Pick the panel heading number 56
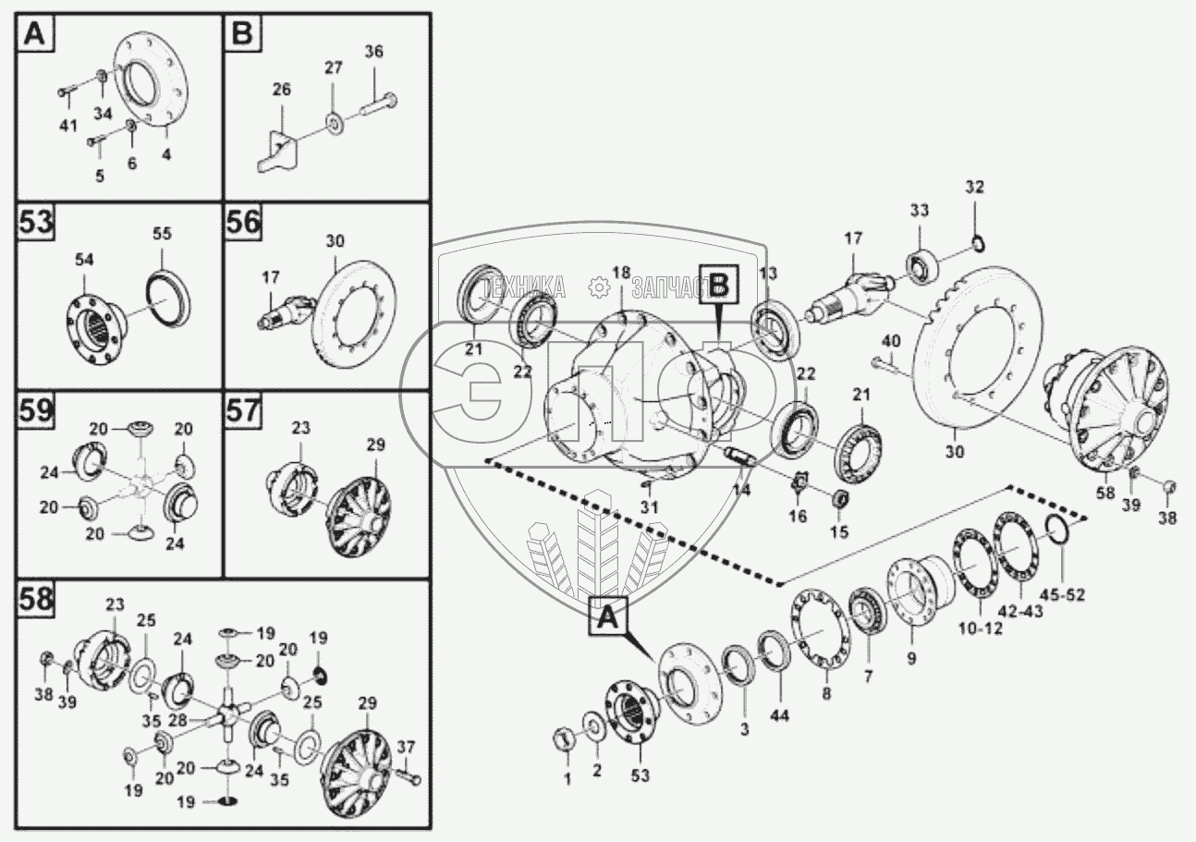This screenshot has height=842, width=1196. [x=245, y=225]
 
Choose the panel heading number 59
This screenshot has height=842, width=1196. [x=36, y=410]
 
